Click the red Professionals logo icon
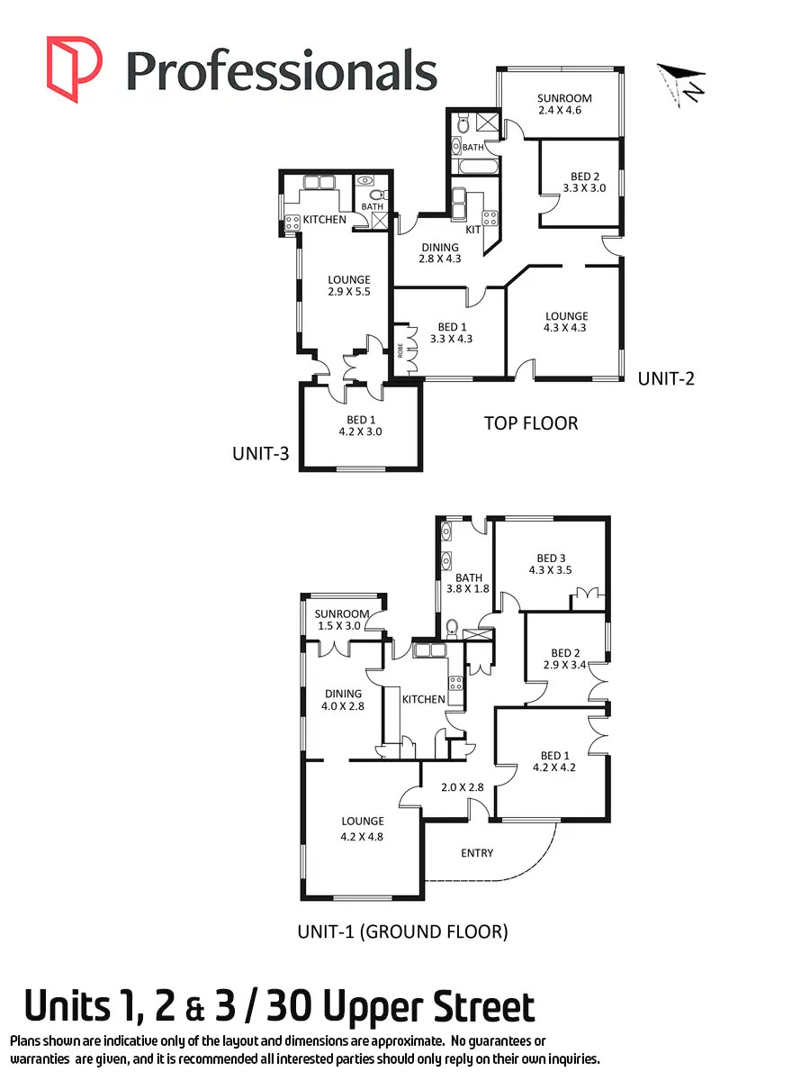(74, 68)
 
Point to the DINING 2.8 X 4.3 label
(439, 253)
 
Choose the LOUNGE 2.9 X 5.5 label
(348, 286)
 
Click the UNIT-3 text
(260, 454)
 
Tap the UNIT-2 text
(666, 378)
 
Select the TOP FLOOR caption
(531, 422)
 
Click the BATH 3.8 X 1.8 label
(468, 584)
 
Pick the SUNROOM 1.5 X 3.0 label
(342, 620)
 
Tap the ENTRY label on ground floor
(476, 852)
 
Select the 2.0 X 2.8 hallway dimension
(463, 786)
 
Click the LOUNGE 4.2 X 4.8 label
(363, 827)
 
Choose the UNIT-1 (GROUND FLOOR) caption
(402, 931)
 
